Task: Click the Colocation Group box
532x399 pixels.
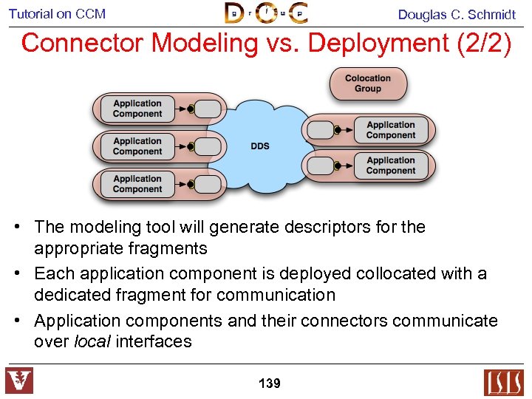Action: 367,83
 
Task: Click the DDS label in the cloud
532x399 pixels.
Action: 260,146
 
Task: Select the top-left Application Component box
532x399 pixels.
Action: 137,109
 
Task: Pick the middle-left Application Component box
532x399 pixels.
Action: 137,146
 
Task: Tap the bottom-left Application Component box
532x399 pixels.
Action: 137,184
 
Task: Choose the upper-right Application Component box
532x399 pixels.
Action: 391,130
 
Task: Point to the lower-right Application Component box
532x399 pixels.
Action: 391,166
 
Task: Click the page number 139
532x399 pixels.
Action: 269,383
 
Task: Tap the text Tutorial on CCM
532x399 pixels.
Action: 57,13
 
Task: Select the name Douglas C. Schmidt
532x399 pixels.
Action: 457,14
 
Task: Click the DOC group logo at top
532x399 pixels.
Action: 266,13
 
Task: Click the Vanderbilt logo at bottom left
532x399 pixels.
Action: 19,381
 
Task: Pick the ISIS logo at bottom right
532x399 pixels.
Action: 503,382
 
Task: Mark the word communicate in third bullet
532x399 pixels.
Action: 446,321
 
